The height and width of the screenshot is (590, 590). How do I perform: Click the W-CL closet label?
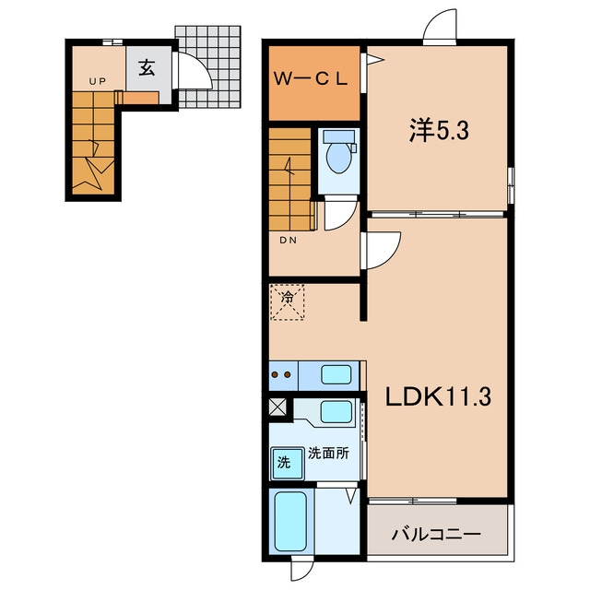[311, 78]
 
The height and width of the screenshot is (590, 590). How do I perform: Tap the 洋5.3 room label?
[439, 131]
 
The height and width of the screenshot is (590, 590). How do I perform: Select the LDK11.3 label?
[438, 397]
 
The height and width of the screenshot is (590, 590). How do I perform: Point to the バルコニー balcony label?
[436, 534]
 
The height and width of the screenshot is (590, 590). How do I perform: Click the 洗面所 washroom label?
[328, 453]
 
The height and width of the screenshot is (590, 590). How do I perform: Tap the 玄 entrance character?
[147, 68]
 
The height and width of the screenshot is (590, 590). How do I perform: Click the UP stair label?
[98, 81]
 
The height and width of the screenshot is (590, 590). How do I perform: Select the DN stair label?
[288, 240]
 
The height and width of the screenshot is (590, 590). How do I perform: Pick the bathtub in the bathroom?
[291, 522]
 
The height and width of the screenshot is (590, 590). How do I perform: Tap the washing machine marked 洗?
[288, 464]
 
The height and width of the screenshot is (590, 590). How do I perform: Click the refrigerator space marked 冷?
[288, 302]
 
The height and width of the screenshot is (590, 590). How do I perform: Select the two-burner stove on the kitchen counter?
[281, 374]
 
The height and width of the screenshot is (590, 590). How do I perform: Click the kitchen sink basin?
[336, 374]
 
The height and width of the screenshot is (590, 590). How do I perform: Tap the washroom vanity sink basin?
[336, 411]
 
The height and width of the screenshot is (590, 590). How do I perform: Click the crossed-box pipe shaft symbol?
[277, 407]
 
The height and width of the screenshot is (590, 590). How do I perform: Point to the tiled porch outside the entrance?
[208, 67]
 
